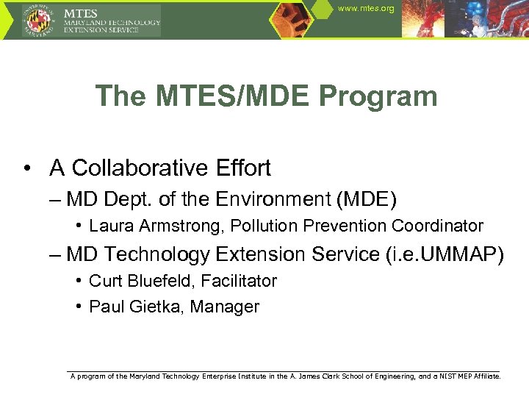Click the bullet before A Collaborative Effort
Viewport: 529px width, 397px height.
[x=26, y=168]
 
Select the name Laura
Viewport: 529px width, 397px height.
[x=108, y=226]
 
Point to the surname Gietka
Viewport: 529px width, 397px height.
[x=151, y=307]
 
